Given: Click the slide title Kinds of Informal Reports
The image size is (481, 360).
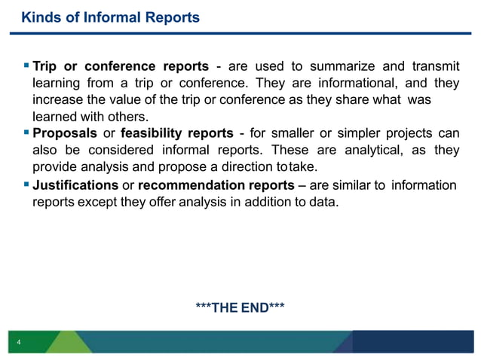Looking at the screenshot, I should click(110, 17).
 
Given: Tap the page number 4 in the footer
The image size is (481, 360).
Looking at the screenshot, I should click(19, 344).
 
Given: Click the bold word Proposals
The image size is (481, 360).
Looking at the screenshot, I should click(64, 133).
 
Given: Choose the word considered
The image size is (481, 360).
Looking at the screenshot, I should click(112, 150).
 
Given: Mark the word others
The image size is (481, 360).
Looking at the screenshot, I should click(131, 117).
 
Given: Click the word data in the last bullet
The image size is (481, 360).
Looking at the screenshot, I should click(323, 202).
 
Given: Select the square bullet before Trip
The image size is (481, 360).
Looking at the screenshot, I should click(26, 66).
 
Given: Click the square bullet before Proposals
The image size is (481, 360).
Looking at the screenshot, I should click(26, 133).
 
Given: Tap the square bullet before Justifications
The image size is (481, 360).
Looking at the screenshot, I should click(26, 185).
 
